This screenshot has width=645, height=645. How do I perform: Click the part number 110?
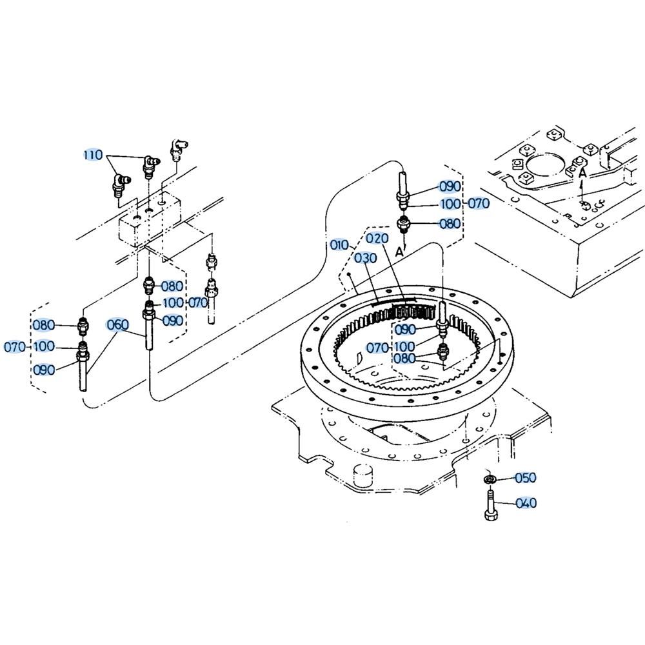coord(93,155)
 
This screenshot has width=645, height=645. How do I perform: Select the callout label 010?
coord(339,245)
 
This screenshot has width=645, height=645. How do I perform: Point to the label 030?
coord(366,258)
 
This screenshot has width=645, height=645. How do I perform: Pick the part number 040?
coord(526,502)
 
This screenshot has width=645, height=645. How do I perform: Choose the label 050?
coord(526,478)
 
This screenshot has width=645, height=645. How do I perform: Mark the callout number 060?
coord(117,324)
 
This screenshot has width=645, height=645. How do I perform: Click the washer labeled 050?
coord(490,479)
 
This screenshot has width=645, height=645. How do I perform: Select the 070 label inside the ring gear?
coord(378,348)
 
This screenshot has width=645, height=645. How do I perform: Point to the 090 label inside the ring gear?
coord(405,330)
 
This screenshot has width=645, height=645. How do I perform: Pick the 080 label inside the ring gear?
coord(405,359)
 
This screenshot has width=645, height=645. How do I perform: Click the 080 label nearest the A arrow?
coord(450,224)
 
